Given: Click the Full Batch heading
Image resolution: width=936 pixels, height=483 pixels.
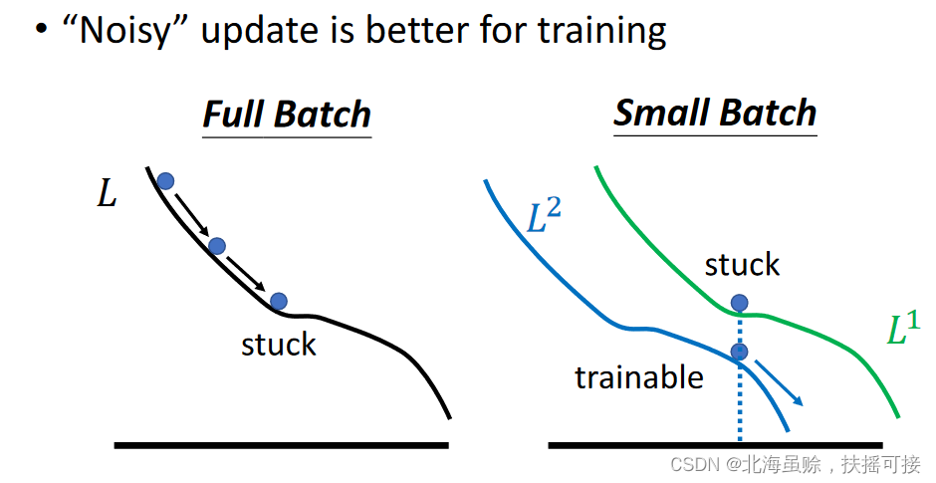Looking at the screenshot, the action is click(x=287, y=115).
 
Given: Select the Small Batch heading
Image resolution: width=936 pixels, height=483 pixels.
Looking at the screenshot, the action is click(x=715, y=113).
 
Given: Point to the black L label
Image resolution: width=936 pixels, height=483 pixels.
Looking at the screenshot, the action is click(x=107, y=193).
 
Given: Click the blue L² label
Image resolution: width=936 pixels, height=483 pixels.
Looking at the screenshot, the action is click(x=544, y=215).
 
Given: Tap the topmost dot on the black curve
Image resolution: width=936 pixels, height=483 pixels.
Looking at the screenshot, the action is click(x=165, y=181).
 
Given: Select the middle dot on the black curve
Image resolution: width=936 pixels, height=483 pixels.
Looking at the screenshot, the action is click(x=217, y=245).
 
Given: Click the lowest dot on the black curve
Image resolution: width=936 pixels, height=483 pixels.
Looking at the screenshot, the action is click(x=278, y=301).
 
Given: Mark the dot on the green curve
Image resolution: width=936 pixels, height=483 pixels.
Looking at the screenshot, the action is click(x=739, y=303).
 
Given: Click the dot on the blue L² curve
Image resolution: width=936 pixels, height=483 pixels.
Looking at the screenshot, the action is click(x=739, y=352).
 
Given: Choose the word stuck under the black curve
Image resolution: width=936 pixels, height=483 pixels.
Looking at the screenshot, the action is click(x=278, y=345).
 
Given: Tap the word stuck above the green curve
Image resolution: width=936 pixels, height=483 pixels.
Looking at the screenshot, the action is click(x=742, y=265).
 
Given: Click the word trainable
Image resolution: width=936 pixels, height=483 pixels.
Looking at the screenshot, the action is click(x=639, y=377).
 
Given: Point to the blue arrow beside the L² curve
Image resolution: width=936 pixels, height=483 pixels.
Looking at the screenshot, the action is click(x=779, y=382).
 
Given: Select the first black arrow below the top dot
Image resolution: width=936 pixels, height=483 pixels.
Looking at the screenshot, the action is click(x=191, y=214).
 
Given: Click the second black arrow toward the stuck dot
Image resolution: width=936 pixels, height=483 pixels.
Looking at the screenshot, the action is click(x=245, y=274).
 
